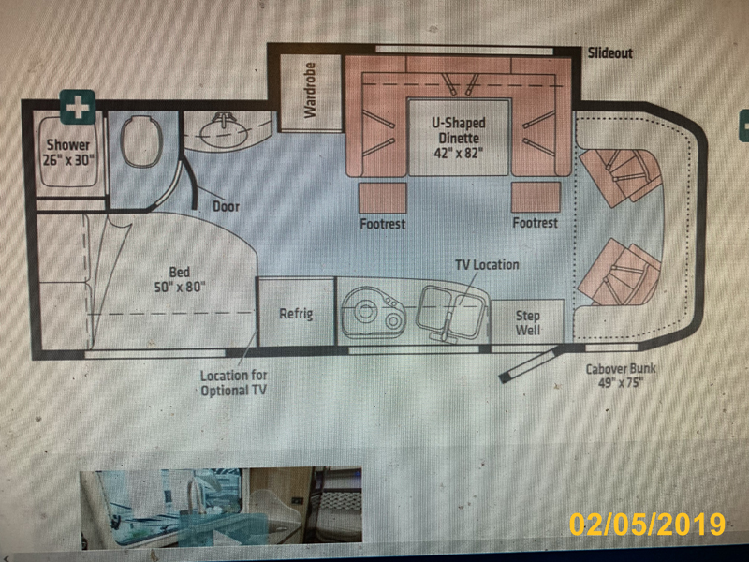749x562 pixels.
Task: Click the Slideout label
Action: (610, 52)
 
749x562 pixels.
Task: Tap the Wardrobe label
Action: (311, 90)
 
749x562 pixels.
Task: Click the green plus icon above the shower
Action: (78, 107)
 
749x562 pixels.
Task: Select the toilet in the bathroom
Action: (140, 141)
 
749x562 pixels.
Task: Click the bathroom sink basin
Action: (224, 131)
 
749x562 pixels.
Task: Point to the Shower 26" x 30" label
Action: (67, 153)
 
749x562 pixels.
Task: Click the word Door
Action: (226, 206)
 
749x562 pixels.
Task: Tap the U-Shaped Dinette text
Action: (459, 138)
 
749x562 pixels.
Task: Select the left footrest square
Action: (383, 198)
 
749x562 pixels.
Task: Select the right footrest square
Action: (536, 198)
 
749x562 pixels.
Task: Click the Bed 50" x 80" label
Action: (180, 279)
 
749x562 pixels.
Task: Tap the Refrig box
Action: (296, 312)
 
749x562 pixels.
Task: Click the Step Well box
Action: (527, 321)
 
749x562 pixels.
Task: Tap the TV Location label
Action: (487, 264)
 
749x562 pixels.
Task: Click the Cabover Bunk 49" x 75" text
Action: (621, 376)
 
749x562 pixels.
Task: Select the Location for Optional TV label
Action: (233, 383)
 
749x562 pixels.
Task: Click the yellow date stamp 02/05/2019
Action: (647, 525)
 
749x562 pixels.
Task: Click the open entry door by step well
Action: (529, 364)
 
